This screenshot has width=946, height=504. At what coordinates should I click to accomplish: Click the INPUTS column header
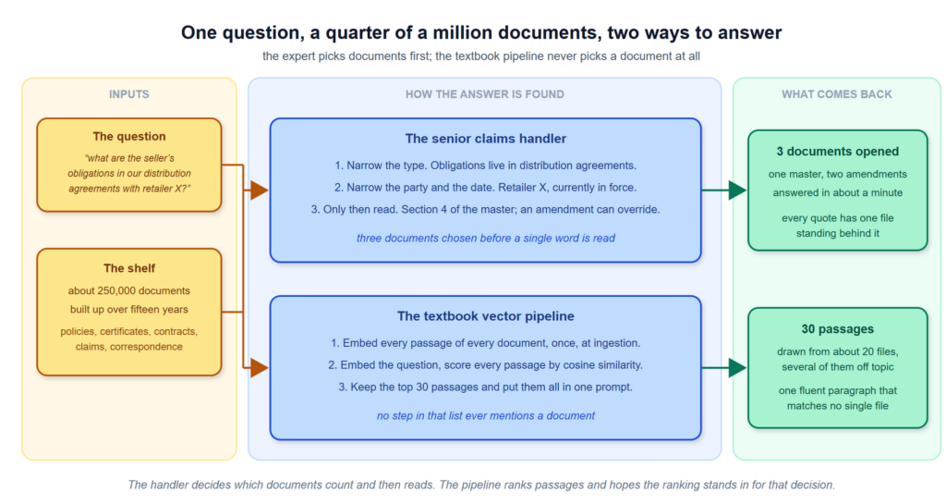[x=129, y=94]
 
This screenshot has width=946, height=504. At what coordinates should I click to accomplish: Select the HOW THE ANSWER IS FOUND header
[x=484, y=94]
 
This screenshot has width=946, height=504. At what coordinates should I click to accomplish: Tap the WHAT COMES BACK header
[x=837, y=94]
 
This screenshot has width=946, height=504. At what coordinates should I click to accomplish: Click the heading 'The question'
[x=129, y=137]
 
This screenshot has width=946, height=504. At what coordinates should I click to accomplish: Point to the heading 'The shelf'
[x=129, y=268]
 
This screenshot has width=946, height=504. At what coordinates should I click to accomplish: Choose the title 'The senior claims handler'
[x=486, y=139]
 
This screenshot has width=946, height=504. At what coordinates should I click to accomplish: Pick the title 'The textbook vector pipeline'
[x=486, y=316]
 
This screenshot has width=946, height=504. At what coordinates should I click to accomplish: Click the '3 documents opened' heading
[x=837, y=152]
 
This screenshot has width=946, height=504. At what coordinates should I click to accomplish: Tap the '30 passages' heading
[x=837, y=329]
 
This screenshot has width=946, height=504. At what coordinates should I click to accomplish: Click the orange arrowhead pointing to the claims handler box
[x=260, y=191]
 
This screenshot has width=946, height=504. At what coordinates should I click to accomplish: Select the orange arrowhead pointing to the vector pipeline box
[x=260, y=367]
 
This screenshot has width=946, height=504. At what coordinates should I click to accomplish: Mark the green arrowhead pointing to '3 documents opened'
[x=737, y=191]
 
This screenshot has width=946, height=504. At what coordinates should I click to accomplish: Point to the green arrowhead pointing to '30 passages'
[x=737, y=367]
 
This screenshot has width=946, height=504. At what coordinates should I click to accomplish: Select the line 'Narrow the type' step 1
[x=486, y=166]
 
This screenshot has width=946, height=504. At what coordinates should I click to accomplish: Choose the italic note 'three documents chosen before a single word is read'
[x=486, y=239]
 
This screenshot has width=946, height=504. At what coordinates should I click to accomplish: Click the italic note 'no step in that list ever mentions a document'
[x=486, y=416]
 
